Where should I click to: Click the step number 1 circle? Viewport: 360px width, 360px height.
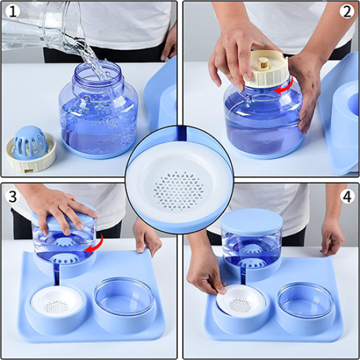pyautogui.click(x=12, y=12)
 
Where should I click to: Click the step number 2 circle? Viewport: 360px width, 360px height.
pyautogui.click(x=347, y=12)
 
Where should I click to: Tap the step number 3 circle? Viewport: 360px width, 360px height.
pyautogui.click(x=12, y=196)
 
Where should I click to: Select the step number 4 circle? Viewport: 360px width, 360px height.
pyautogui.click(x=347, y=196)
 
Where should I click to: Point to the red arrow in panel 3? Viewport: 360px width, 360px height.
pyautogui.click(x=95, y=245)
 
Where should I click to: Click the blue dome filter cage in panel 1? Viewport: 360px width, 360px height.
pyautogui.click(x=31, y=143)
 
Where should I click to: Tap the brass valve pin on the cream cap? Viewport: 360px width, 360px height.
pyautogui.click(x=262, y=64)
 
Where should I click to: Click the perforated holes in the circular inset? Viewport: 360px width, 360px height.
pyautogui.click(x=179, y=190)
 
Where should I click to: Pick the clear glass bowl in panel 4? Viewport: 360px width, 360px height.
pyautogui.click(x=306, y=300)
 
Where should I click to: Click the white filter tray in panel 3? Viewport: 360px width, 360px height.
pyautogui.click(x=56, y=301)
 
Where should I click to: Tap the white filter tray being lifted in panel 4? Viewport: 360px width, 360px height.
pyautogui.click(x=241, y=301)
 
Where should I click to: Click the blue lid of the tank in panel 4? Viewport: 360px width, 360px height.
pyautogui.click(x=251, y=222)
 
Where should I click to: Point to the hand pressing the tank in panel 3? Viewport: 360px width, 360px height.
pyautogui.click(x=63, y=211)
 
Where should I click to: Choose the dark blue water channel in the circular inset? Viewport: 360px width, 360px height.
pyautogui.click(x=182, y=134)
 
